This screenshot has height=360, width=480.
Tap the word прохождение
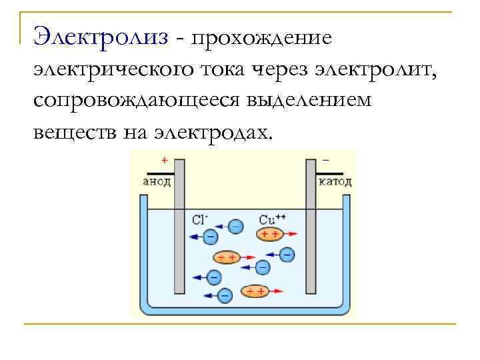tap(260, 39)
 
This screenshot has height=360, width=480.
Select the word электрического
tap(110, 69)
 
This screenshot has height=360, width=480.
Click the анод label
tap(157, 181)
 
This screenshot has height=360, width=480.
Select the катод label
tap(335, 181)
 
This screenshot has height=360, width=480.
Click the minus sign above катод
tap(325, 161)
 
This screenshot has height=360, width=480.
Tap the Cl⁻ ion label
tap(200, 219)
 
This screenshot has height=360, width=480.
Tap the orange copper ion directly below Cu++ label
tap(270, 234)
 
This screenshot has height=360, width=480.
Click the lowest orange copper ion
tap(254, 291)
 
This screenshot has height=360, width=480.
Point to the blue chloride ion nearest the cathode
tap(287, 254)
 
